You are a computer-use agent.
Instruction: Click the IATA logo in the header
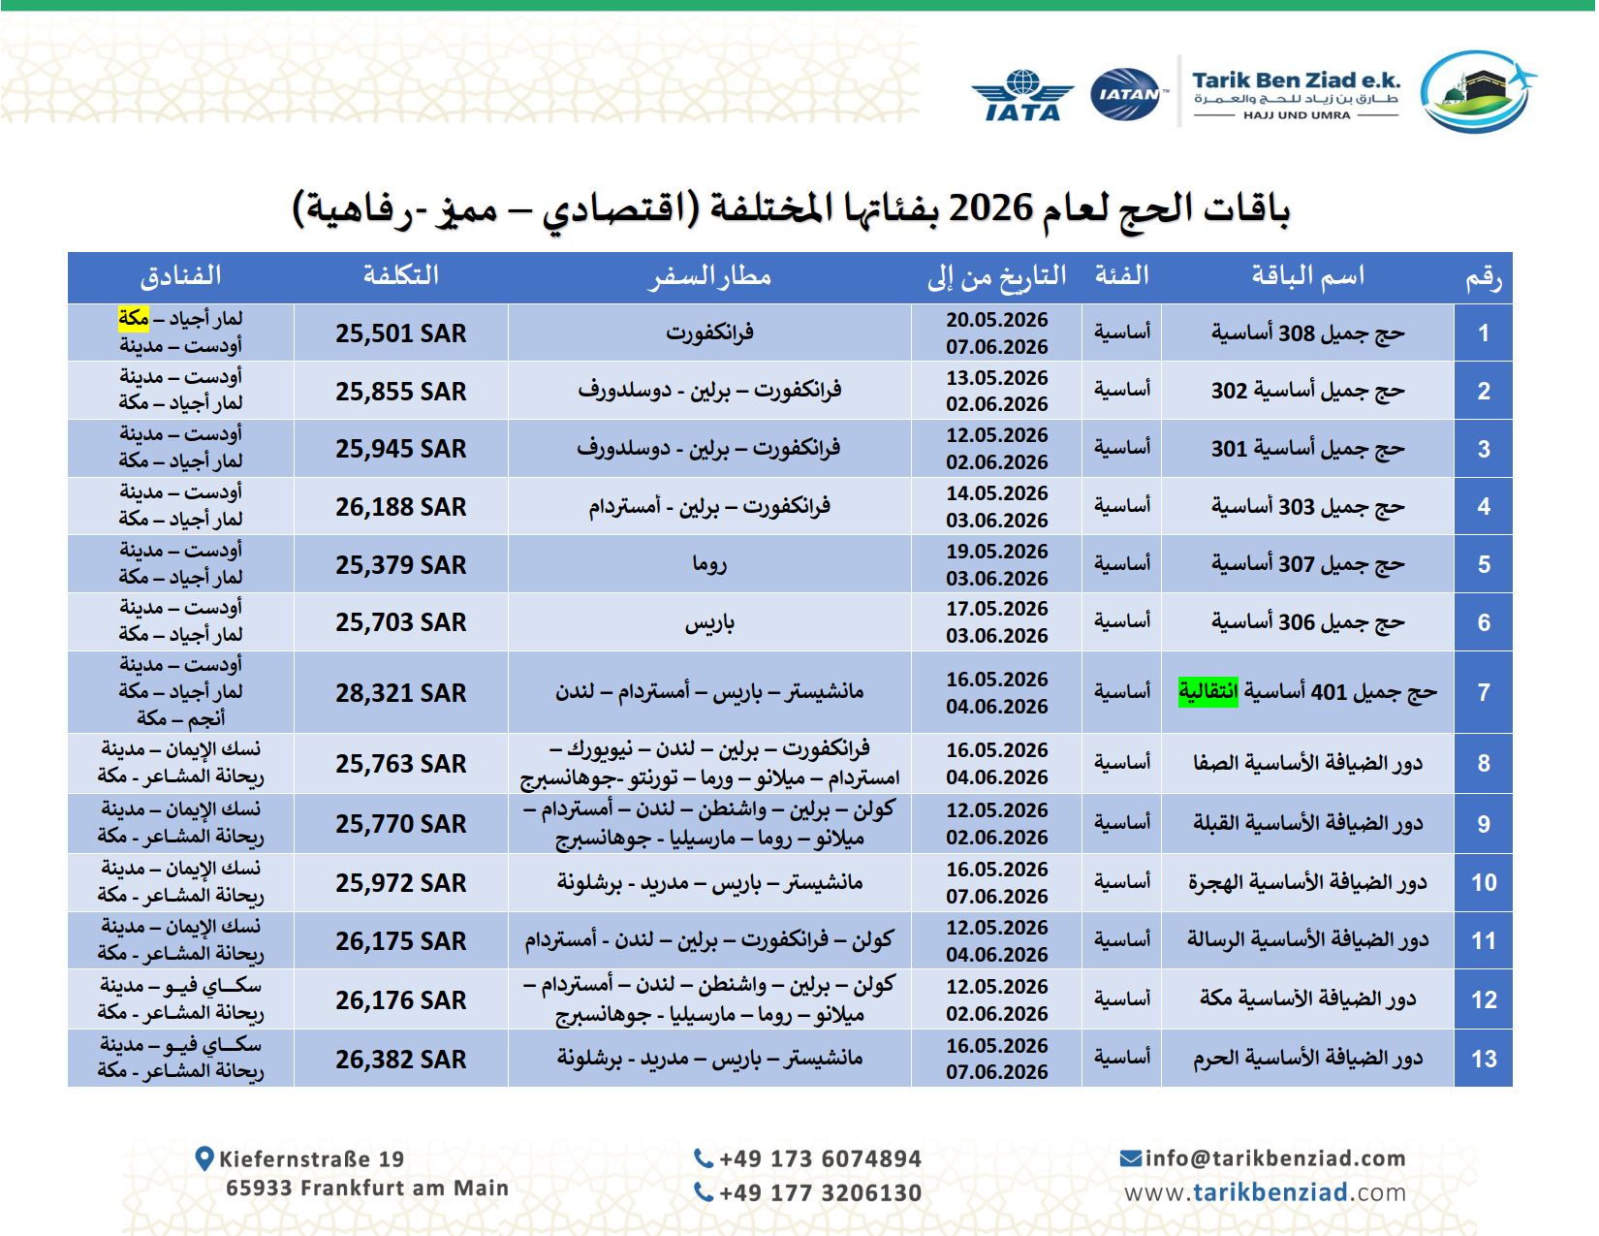click(1022, 95)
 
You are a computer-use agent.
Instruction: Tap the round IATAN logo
click(1126, 94)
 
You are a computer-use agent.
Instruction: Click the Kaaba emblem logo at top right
click(1476, 91)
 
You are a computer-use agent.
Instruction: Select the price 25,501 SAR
click(400, 333)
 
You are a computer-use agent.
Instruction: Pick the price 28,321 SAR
click(400, 693)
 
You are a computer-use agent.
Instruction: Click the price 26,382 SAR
click(400, 1060)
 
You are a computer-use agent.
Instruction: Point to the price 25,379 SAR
click(400, 564)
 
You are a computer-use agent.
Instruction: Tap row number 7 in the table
click(1483, 692)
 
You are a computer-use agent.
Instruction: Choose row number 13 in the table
click(1483, 1059)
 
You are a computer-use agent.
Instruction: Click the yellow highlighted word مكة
click(134, 318)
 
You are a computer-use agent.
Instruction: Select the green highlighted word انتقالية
click(1207, 692)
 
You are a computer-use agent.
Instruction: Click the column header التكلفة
click(400, 276)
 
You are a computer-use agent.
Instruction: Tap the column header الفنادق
click(180, 276)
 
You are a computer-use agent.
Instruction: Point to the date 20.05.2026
click(996, 320)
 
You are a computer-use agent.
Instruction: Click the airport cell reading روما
click(708, 564)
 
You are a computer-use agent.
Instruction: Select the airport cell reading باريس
click(708, 622)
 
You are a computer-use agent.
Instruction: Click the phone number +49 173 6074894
click(819, 1158)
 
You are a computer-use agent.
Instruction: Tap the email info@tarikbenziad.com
click(1274, 1157)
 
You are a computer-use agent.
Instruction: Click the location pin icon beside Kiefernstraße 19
click(204, 1157)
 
